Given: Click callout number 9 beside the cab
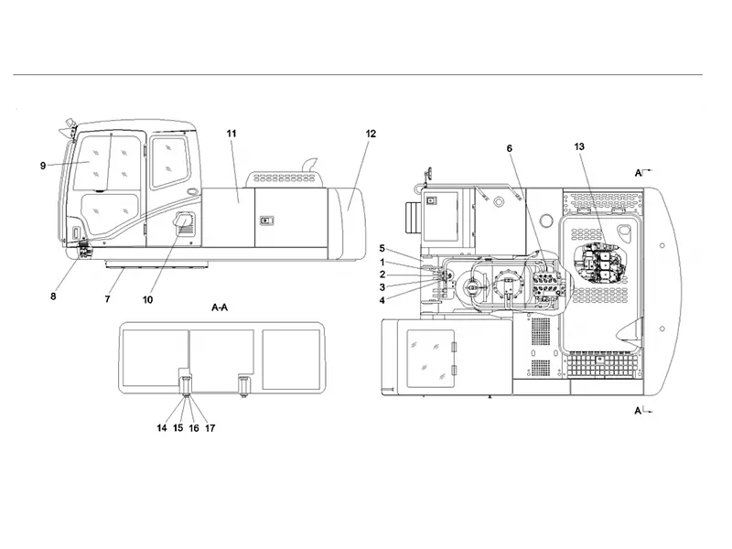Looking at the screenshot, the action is [x=43, y=166].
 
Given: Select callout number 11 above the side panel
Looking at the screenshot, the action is [x=231, y=134].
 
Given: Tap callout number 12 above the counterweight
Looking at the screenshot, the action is [x=371, y=134].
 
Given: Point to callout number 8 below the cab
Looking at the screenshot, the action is [x=53, y=296].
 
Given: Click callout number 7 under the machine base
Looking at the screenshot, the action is [x=107, y=299].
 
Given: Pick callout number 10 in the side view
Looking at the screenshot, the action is [x=147, y=300].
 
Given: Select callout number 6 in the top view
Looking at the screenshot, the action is [x=510, y=148].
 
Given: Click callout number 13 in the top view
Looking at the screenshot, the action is [x=579, y=146].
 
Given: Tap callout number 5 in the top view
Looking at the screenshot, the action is [x=382, y=249].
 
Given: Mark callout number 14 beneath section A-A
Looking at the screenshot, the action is [x=162, y=428].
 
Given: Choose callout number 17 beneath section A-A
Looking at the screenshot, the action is [x=210, y=428].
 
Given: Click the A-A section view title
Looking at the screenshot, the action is [x=220, y=307].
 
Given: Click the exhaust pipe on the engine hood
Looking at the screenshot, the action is [x=308, y=166].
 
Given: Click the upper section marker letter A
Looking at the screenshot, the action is [x=638, y=173].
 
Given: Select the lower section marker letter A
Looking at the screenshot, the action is [x=638, y=411].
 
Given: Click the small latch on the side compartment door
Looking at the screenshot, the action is [x=266, y=221].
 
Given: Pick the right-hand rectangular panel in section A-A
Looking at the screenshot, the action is [x=291, y=360].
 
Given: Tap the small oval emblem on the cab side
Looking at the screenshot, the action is [x=192, y=192].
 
